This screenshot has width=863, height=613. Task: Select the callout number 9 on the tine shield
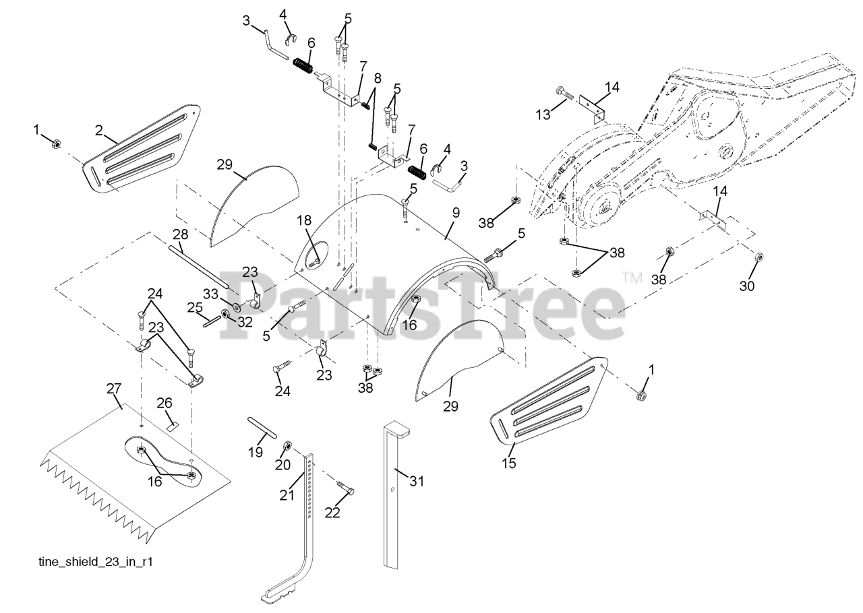[x=456, y=212]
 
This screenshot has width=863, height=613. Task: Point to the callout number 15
[x=509, y=463]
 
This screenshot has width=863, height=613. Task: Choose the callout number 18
[x=304, y=220]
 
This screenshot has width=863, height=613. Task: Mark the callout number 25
[x=194, y=307]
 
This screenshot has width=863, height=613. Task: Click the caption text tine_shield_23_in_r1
[x=94, y=561]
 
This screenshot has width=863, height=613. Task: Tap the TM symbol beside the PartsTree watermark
[x=632, y=277]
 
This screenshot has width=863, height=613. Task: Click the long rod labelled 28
[x=202, y=266]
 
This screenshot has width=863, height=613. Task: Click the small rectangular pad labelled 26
[x=172, y=426]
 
